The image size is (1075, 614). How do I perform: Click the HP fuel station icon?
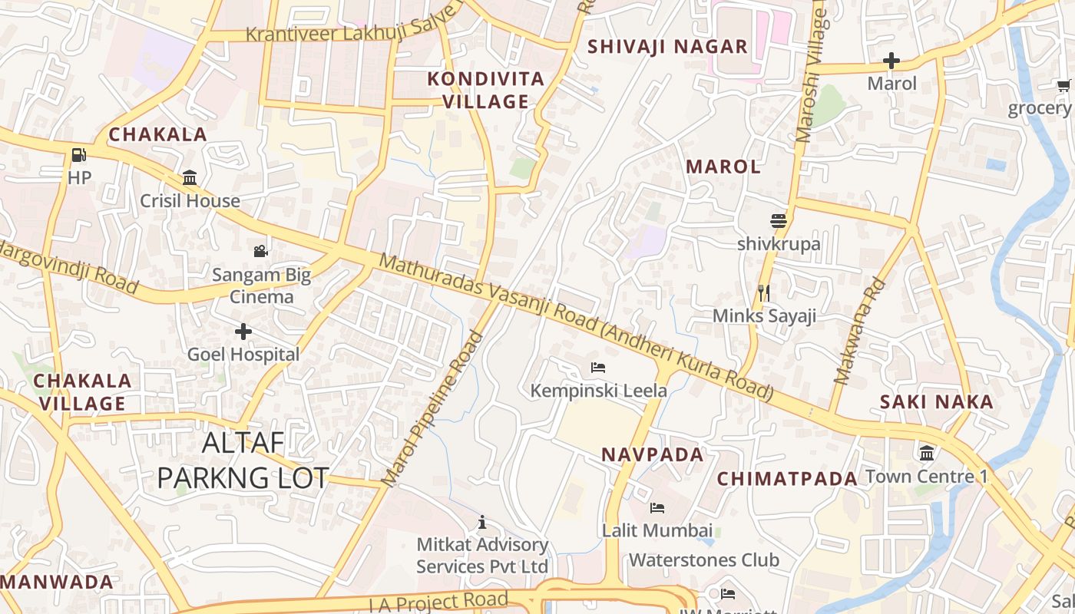click(x=78, y=155)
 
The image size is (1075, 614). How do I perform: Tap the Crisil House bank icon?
click(x=190, y=178)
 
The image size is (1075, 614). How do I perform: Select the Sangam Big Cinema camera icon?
click(x=261, y=251)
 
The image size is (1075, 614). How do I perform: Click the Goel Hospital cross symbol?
click(x=243, y=332)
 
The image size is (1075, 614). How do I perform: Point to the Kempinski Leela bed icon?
click(x=598, y=368)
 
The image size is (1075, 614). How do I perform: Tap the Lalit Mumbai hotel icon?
click(x=657, y=507)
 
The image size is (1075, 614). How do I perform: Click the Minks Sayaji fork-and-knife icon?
click(x=763, y=293)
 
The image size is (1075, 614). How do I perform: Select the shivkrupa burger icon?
click(x=779, y=221)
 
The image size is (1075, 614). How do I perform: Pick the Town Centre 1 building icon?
click(x=927, y=453)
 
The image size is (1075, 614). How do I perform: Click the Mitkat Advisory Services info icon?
click(x=482, y=523)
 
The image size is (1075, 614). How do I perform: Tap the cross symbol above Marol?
click(x=891, y=60)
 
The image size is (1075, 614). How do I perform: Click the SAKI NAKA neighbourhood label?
click(x=936, y=401)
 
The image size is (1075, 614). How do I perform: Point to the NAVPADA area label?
click(x=652, y=454)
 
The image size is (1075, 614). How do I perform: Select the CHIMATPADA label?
click(x=787, y=479)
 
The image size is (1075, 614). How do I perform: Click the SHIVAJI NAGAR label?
click(x=667, y=46)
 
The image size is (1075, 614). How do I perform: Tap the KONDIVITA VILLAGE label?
click(x=485, y=90)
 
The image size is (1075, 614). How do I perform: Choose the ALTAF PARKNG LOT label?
click(x=243, y=460)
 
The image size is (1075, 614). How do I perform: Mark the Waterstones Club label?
click(x=704, y=560)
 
